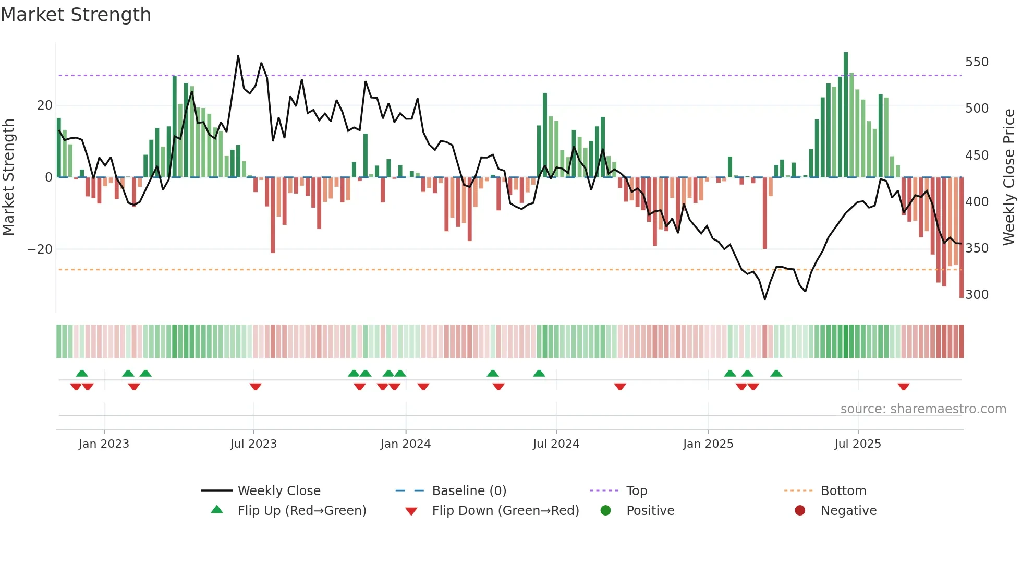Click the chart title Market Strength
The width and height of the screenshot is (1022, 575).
(76, 15)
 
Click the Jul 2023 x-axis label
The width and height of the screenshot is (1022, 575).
(253, 444)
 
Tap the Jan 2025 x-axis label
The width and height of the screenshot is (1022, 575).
(708, 444)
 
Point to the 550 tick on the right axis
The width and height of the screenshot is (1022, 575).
(976, 62)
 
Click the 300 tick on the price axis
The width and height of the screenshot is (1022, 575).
(976, 295)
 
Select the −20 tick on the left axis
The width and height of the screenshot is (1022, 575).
(40, 249)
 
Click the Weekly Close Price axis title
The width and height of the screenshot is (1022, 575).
(1009, 177)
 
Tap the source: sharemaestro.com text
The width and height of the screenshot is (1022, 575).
(923, 409)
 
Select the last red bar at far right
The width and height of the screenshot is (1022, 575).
(961, 240)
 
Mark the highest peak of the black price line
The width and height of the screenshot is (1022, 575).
(238, 56)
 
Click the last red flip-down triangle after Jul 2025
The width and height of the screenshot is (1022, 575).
(904, 387)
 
